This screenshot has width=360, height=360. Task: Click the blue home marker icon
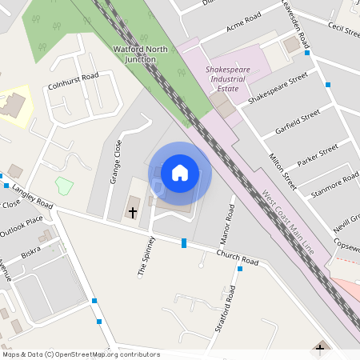180,172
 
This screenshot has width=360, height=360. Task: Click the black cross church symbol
133,213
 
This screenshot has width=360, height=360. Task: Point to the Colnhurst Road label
73,77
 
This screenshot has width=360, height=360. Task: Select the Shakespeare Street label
278,88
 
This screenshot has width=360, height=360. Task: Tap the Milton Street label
282,172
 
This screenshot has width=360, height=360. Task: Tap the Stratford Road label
227,308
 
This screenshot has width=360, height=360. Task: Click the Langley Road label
32,199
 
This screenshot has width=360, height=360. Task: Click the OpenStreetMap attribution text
81,354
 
